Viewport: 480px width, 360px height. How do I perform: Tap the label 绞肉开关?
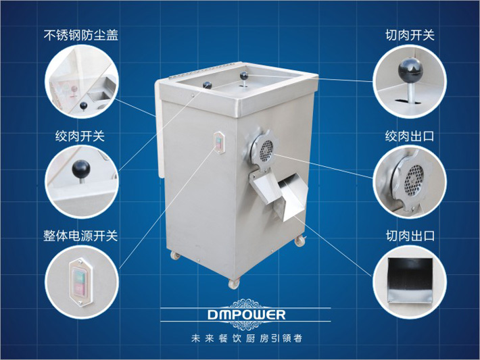pos(80,136)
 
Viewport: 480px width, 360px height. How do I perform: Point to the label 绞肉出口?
pos(410,136)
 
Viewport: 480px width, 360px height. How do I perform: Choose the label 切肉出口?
pos(410,236)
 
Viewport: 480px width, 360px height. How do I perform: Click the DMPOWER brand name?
pos(240,315)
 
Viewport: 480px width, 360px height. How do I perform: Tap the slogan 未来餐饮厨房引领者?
pos(240,338)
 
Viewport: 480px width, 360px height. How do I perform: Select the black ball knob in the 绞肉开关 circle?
pos(82,166)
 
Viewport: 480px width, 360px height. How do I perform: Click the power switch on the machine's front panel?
pos(218,143)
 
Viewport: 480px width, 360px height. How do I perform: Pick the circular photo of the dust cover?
pos(79,80)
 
